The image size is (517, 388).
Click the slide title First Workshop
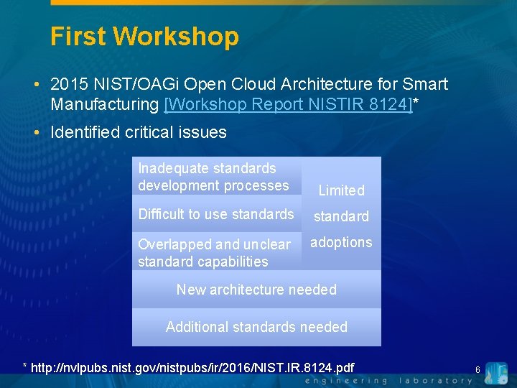[144, 36]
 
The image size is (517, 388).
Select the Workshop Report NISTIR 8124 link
[289, 105]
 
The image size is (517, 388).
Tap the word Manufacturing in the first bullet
[105, 105]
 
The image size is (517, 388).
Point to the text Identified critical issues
[139, 132]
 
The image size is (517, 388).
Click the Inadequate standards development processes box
[213, 177]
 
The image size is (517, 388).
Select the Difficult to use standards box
[215, 214]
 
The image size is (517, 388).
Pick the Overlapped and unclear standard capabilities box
[214, 253]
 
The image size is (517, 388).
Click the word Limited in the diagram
[341, 190]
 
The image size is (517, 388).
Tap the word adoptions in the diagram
[341, 242]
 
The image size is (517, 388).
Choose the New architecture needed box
[256, 290]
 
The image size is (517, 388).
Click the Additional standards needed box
[256, 327]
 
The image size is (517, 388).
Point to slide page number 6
[477, 369]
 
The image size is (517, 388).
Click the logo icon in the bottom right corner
[495, 373]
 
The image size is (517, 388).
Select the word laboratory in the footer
[437, 381]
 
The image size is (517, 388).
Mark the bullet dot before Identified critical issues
[37, 132]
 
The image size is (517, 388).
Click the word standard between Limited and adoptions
[341, 216]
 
